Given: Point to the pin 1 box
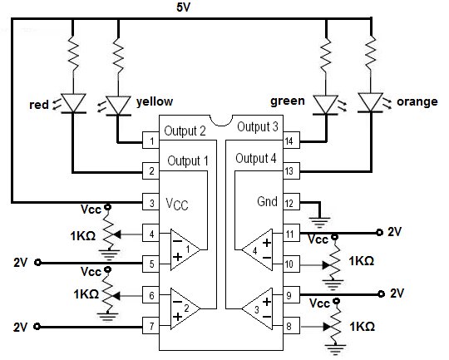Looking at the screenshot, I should click(151, 141).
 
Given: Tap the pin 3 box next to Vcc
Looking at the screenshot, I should click(151, 202).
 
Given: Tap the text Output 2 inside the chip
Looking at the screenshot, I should click(184, 131).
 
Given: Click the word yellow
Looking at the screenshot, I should click(155, 104).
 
